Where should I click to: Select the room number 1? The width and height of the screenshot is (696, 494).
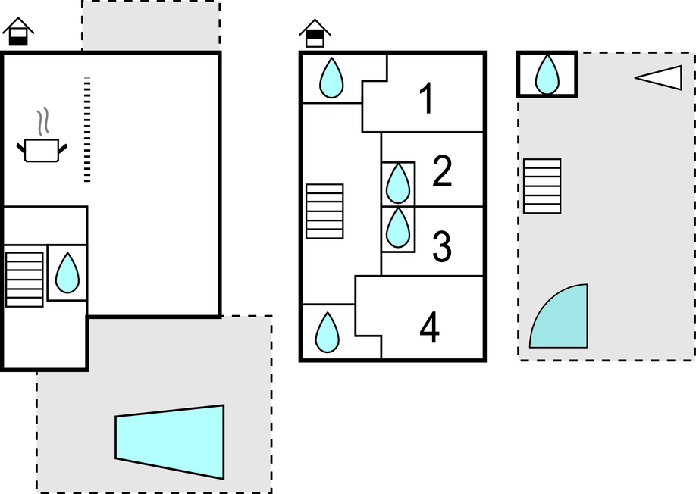pyautogui.click(x=427, y=98)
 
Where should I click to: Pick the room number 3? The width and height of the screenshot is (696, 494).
pyautogui.click(x=442, y=245)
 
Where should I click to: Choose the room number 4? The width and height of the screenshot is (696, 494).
pyautogui.click(x=429, y=328)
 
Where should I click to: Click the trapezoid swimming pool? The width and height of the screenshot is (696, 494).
pyautogui.click(x=170, y=442)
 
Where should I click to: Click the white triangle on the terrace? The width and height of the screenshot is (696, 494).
pyautogui.click(x=659, y=78)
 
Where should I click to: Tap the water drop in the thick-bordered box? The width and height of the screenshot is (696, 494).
pyautogui.click(x=547, y=74)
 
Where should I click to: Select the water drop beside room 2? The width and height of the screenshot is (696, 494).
pyautogui.click(x=398, y=183)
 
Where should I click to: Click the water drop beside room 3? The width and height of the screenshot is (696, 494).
pyautogui.click(x=398, y=227)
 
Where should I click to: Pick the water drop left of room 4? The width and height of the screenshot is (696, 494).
pyautogui.click(x=327, y=333)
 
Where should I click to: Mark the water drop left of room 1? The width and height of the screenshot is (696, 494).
pyautogui.click(x=331, y=77)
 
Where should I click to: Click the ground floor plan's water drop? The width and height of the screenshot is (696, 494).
pyautogui.click(x=67, y=273)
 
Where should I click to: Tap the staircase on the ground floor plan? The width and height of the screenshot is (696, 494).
pyautogui.click(x=24, y=280)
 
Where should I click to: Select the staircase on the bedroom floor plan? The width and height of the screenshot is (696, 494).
pyautogui.click(x=324, y=211)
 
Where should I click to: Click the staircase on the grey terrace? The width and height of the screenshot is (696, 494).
pyautogui.click(x=542, y=186)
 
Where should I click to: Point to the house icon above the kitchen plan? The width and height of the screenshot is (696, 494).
pyautogui.click(x=18, y=32)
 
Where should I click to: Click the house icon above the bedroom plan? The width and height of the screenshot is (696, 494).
pyautogui.click(x=315, y=33)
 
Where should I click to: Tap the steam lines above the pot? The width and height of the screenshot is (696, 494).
pyautogui.click(x=42, y=121)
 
